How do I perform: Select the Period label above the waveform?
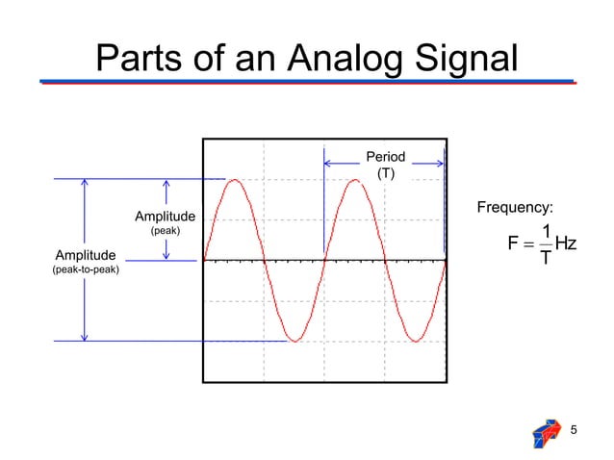[x=385, y=157]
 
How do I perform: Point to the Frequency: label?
[x=515, y=207]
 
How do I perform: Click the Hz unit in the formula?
[x=565, y=244]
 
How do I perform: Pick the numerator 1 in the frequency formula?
[x=545, y=231]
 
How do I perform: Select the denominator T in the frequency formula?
[x=545, y=258]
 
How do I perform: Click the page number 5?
[x=575, y=429]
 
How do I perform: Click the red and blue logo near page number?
[x=546, y=434]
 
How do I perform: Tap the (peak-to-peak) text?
[x=85, y=270]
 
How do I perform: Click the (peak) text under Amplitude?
[x=165, y=231]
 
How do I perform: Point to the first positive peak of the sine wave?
[x=234, y=180]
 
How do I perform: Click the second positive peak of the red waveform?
[x=355, y=180]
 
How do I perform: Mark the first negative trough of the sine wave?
[x=294, y=341]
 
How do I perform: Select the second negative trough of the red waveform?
[x=416, y=341]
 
